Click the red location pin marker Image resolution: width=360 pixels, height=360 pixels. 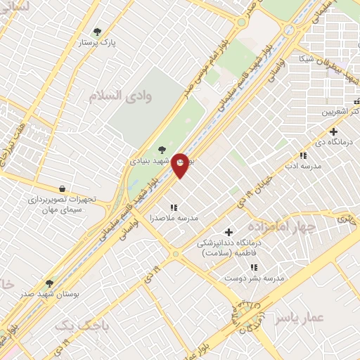[x=181, y=165]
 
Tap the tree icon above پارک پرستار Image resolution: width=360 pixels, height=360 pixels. [x=97, y=32]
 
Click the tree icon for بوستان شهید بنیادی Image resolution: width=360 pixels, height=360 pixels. [x=162, y=150]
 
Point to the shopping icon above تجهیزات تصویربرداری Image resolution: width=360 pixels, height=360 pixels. [x=63, y=188]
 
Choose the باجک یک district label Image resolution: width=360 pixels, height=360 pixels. [x=82, y=326]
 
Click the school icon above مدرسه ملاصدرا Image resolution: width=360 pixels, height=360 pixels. [x=173, y=207]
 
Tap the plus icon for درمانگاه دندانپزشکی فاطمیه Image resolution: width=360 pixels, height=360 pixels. [x=229, y=232]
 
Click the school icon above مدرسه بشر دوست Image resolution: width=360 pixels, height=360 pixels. [x=253, y=268]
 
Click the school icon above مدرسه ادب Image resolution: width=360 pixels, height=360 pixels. [x=303, y=155]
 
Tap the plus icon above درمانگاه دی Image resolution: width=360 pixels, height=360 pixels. [x=333, y=131]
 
